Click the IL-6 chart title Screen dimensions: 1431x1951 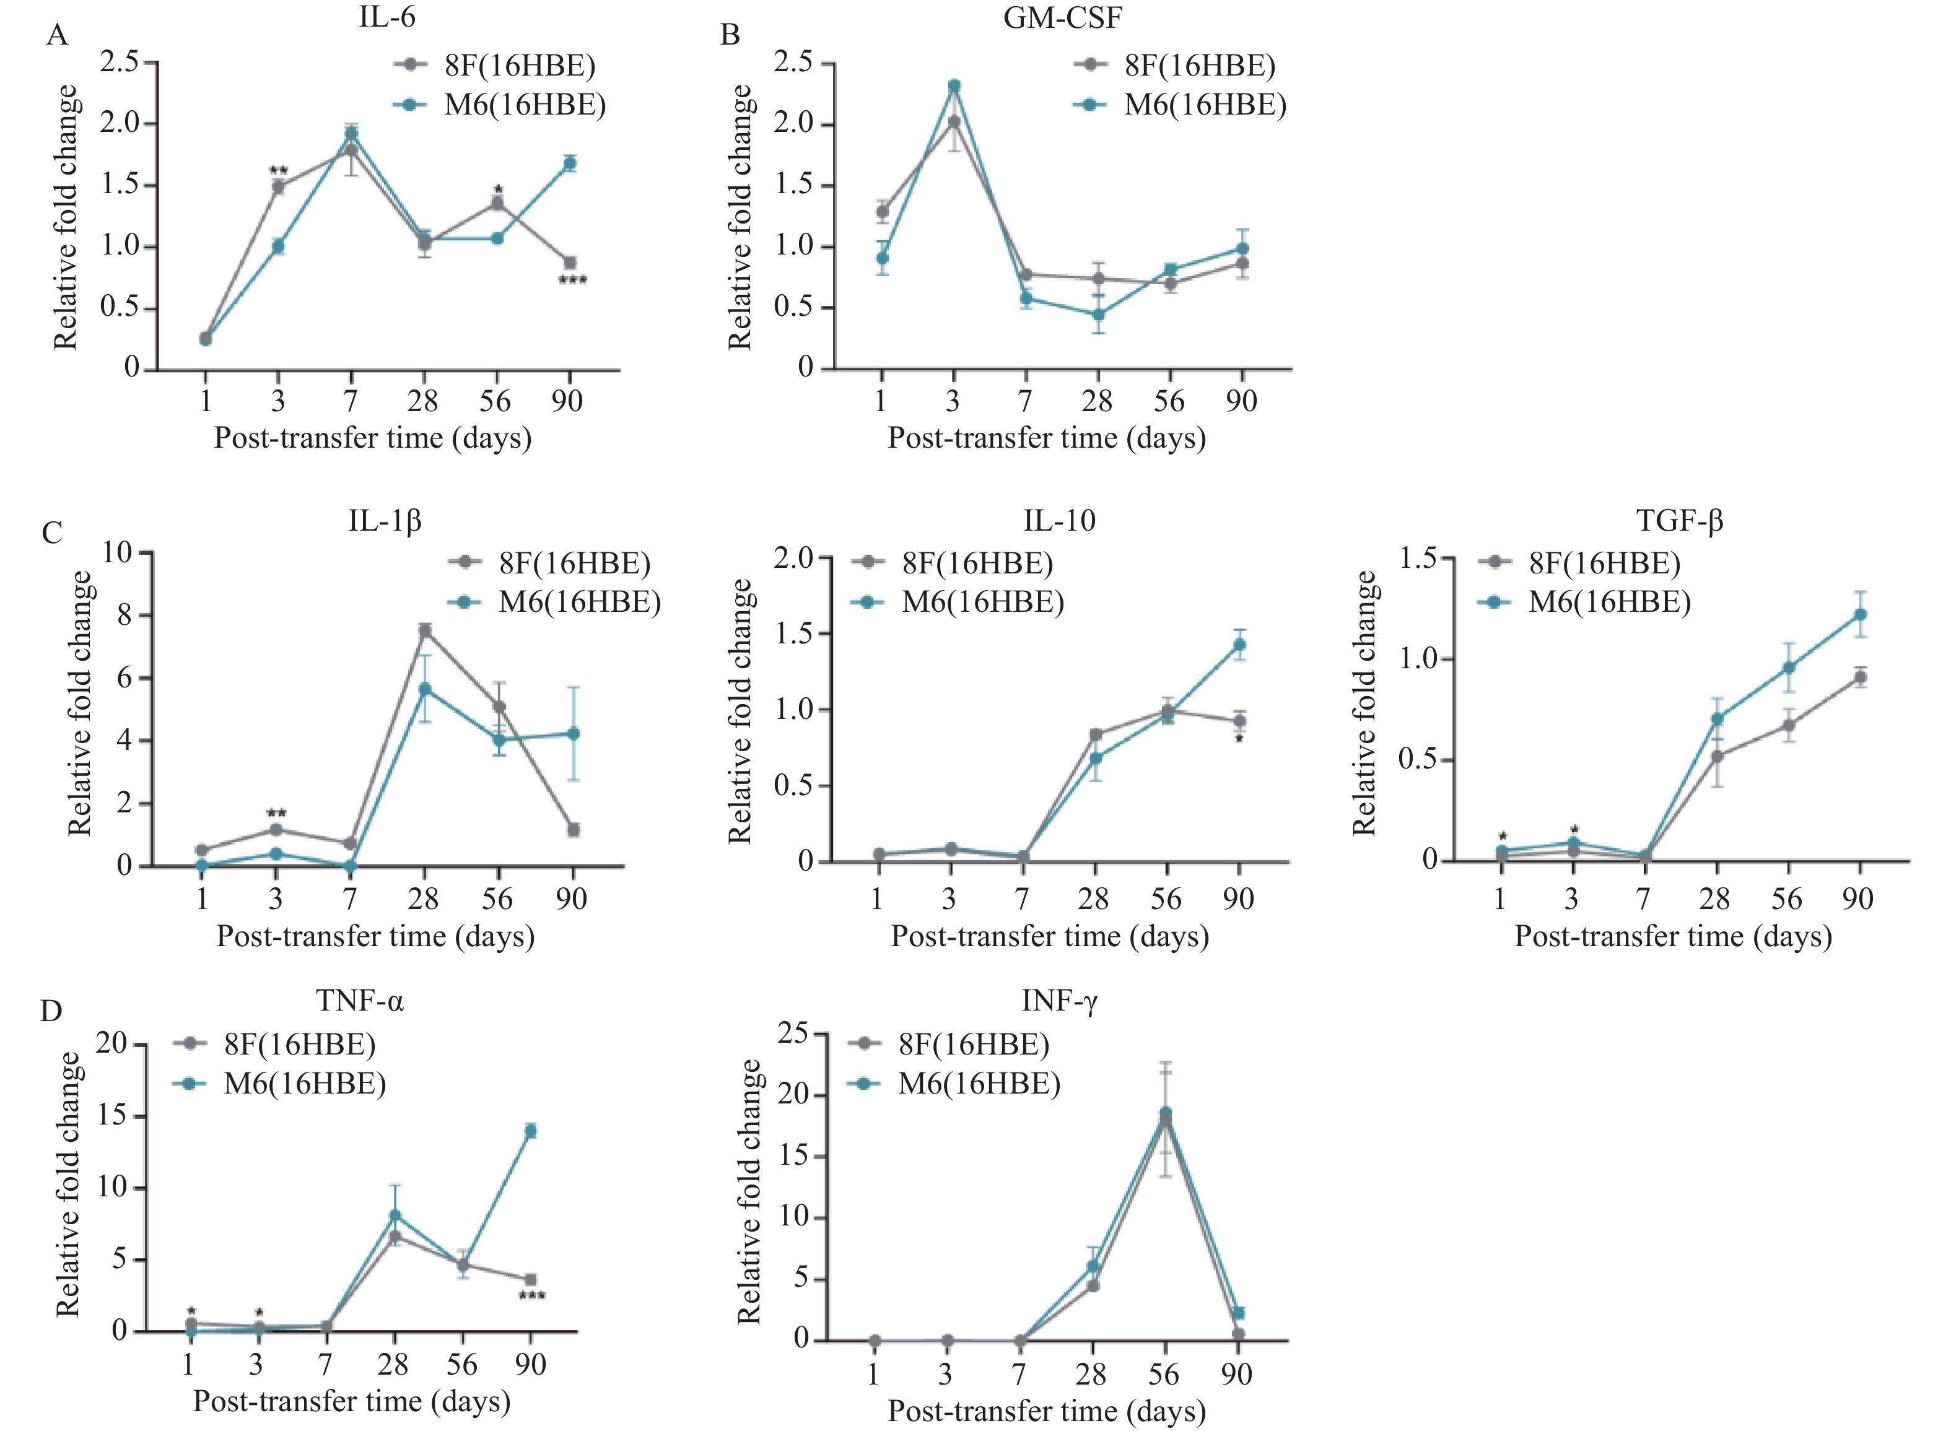tap(386, 17)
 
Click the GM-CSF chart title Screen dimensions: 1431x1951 tap(1062, 17)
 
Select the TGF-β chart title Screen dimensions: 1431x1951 tap(1679, 521)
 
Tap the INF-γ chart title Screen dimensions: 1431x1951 tap(1058, 1001)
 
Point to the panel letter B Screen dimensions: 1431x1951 tap(730, 35)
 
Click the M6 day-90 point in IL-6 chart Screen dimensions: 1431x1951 tap(569, 163)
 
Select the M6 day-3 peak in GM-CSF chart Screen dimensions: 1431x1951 tap(954, 85)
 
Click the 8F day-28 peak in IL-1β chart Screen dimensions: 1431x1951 tap(424, 630)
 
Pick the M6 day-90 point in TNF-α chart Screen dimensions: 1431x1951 tap(530, 1131)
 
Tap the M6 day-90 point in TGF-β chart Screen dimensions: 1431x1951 tap(1859, 614)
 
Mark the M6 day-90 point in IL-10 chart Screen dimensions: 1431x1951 tap(1240, 645)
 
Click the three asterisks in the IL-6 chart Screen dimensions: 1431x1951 tap(572, 281)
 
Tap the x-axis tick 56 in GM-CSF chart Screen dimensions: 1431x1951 tap(1169, 401)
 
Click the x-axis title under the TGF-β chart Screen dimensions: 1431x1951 tap(1672, 936)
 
